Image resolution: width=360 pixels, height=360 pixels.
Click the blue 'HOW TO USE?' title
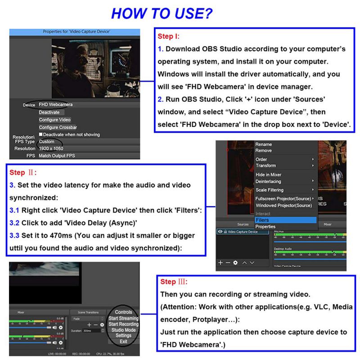coord(162,13)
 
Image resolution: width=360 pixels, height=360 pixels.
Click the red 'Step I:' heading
coord(168,36)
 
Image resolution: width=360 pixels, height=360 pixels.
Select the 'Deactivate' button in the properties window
coord(49,112)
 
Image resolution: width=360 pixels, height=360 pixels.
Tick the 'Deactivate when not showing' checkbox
coord(41,135)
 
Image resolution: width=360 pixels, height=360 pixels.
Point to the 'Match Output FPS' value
coord(57,156)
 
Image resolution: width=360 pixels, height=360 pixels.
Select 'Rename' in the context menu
coord(264,144)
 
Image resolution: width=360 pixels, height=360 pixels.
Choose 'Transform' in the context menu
coord(265,166)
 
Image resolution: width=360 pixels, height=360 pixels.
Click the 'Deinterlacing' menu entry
coord(269,181)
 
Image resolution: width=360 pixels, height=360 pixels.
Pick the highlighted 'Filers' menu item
coord(262,220)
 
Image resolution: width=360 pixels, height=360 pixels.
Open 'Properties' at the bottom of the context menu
coord(265,227)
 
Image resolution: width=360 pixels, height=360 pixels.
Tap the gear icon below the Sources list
coord(235,262)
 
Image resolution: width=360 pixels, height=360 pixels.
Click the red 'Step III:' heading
coord(174,282)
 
